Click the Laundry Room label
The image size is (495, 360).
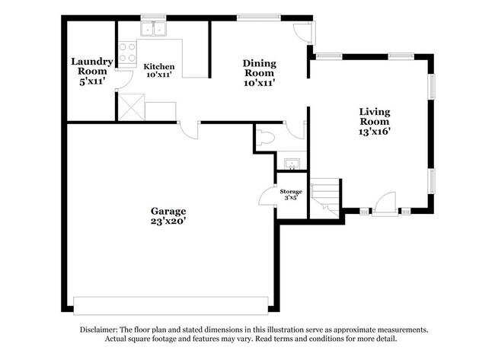[92, 66]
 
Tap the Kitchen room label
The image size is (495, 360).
[159, 67]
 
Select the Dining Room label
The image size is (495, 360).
[259, 68]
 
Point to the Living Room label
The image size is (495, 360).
[375, 116]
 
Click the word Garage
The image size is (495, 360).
[168, 211]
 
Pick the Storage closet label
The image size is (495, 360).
[291, 191]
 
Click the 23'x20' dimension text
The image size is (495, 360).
[168, 221]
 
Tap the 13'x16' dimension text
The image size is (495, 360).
[375, 132]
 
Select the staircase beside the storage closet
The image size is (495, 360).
[326, 196]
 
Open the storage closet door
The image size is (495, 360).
[267, 196]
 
